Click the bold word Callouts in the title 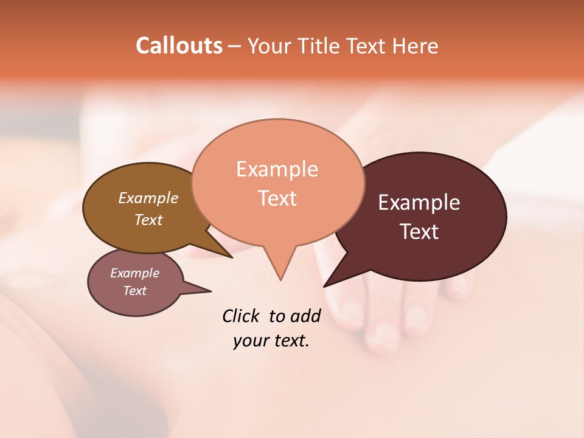coord(179,46)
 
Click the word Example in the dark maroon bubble coord(419,203)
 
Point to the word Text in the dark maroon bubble coord(419,231)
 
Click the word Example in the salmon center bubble coord(277,169)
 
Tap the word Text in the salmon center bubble coord(277,198)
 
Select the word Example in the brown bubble coord(148,198)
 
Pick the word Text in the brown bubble coord(148,220)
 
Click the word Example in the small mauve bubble coord(134,273)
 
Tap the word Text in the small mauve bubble coord(134,291)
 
